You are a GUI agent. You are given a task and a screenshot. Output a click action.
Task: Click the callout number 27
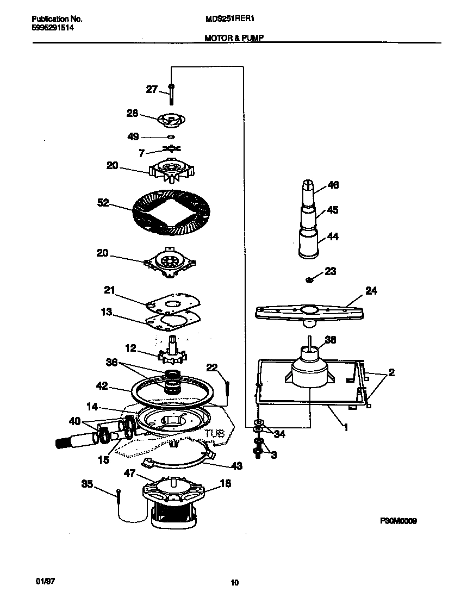click(x=151, y=89)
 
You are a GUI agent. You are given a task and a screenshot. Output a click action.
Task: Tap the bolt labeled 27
click(x=171, y=94)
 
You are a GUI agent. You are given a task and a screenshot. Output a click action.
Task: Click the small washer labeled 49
click(x=170, y=137)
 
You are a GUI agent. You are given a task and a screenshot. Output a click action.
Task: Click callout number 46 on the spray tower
click(x=333, y=185)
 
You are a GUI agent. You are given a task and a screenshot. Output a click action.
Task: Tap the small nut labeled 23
click(x=308, y=280)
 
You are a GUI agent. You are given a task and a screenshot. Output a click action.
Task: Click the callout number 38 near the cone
click(x=330, y=340)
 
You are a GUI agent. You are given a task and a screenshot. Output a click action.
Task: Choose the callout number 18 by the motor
click(x=225, y=483)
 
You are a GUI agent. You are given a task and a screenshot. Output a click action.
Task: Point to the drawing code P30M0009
click(x=398, y=521)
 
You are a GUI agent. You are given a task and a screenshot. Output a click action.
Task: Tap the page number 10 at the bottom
click(x=234, y=583)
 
